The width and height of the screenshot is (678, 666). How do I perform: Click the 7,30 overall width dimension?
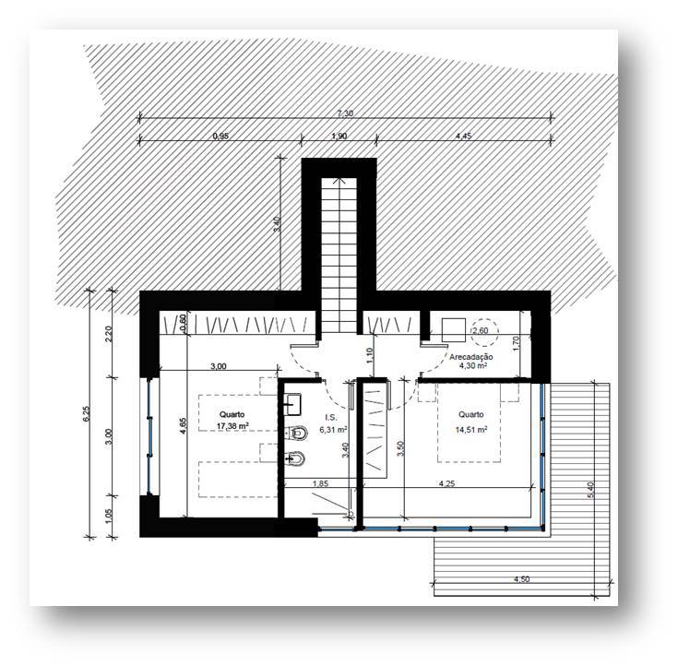pyautogui.click(x=346, y=113)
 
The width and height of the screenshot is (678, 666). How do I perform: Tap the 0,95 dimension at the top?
pyautogui.click(x=220, y=136)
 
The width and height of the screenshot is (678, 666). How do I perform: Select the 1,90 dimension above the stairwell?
pyautogui.click(x=339, y=136)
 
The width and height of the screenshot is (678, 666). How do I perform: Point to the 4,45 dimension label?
pyautogui.click(x=463, y=136)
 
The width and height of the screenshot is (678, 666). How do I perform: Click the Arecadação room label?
pyautogui.click(x=471, y=357)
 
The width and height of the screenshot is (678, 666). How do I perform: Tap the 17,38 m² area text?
pyautogui.click(x=232, y=426)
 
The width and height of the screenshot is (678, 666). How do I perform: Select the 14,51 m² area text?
pyautogui.click(x=471, y=430)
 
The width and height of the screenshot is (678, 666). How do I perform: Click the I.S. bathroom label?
pyautogui.click(x=331, y=417)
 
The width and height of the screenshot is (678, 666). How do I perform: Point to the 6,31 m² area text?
pyautogui.click(x=333, y=430)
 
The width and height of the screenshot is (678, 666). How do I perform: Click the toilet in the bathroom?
pyautogui.click(x=297, y=432)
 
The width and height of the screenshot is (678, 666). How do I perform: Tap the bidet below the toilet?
pyautogui.click(x=296, y=458)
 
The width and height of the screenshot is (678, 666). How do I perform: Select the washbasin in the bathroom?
pyautogui.click(x=293, y=404)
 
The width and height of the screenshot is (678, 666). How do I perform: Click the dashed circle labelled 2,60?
pyautogui.click(x=484, y=332)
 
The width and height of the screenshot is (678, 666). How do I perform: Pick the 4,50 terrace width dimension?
pyautogui.click(x=522, y=579)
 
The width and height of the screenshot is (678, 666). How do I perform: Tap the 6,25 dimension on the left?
pyautogui.click(x=87, y=413)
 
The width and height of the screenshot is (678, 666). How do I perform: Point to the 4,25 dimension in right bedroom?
pyautogui.click(x=447, y=484)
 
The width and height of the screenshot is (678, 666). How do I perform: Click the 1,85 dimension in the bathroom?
pyautogui.click(x=320, y=484)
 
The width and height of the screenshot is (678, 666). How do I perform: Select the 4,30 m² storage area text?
pyautogui.click(x=473, y=366)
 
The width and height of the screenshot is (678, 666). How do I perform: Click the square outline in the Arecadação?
pyautogui.click(x=454, y=330)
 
